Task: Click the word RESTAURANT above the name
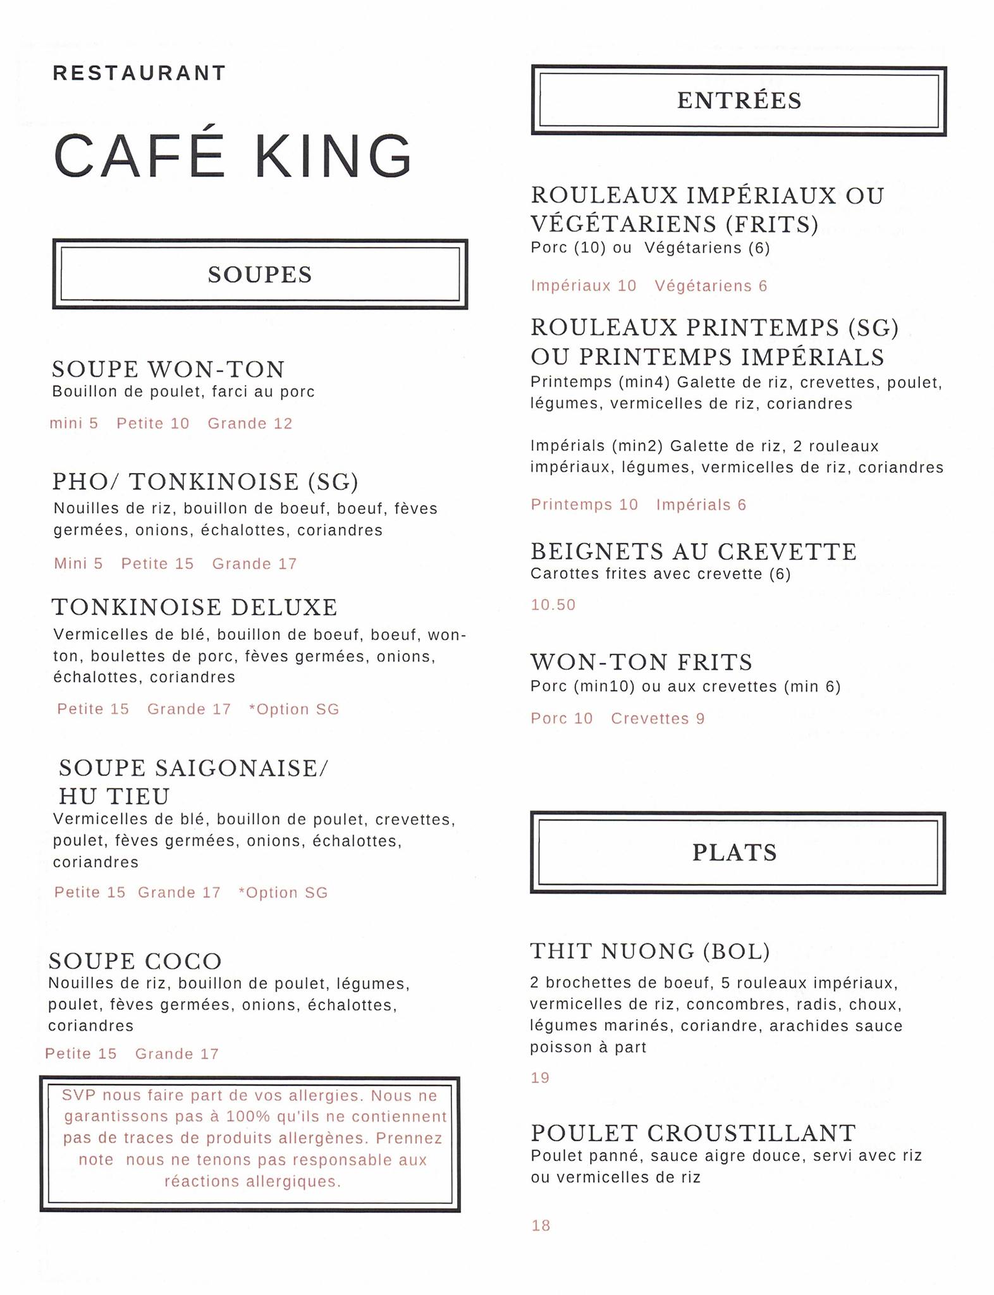click(139, 73)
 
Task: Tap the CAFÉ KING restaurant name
click(233, 156)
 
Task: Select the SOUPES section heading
click(260, 274)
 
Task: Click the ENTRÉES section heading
click(739, 101)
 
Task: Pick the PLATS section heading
click(734, 852)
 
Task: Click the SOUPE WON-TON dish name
click(168, 369)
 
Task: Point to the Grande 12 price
click(250, 424)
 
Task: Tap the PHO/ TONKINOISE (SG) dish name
click(206, 482)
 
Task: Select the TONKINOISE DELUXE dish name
click(195, 607)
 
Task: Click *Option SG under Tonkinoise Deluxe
click(294, 709)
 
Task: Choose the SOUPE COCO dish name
click(135, 961)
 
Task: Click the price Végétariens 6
click(711, 286)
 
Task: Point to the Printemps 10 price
click(584, 505)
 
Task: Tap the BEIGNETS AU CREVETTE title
click(694, 551)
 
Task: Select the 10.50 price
click(553, 605)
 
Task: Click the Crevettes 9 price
click(658, 719)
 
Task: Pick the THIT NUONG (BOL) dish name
click(650, 951)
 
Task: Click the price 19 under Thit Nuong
click(540, 1078)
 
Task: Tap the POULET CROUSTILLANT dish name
click(693, 1132)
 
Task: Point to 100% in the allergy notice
click(248, 1117)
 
